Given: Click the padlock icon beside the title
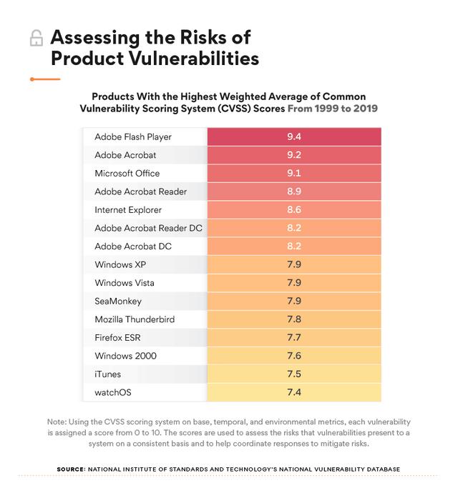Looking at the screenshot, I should tap(36, 39).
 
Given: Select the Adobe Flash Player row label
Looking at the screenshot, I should tap(133, 136).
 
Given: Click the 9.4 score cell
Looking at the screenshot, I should tap(293, 136).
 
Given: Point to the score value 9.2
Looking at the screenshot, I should tap(293, 155).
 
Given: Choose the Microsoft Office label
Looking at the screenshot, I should tap(127, 173).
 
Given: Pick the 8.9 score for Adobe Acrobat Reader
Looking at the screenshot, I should tap(293, 191).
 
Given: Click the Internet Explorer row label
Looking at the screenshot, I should tap(128, 210).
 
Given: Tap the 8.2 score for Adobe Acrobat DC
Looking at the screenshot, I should tap(293, 246).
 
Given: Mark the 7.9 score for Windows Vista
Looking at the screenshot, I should tap(293, 283).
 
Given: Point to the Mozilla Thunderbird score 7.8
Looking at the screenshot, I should tap(293, 319).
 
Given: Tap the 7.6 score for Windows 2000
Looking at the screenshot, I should tap(293, 356).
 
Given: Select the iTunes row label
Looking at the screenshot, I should tap(108, 374).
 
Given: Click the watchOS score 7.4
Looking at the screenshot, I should tap(293, 393).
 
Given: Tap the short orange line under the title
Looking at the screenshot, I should tap(44, 78).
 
